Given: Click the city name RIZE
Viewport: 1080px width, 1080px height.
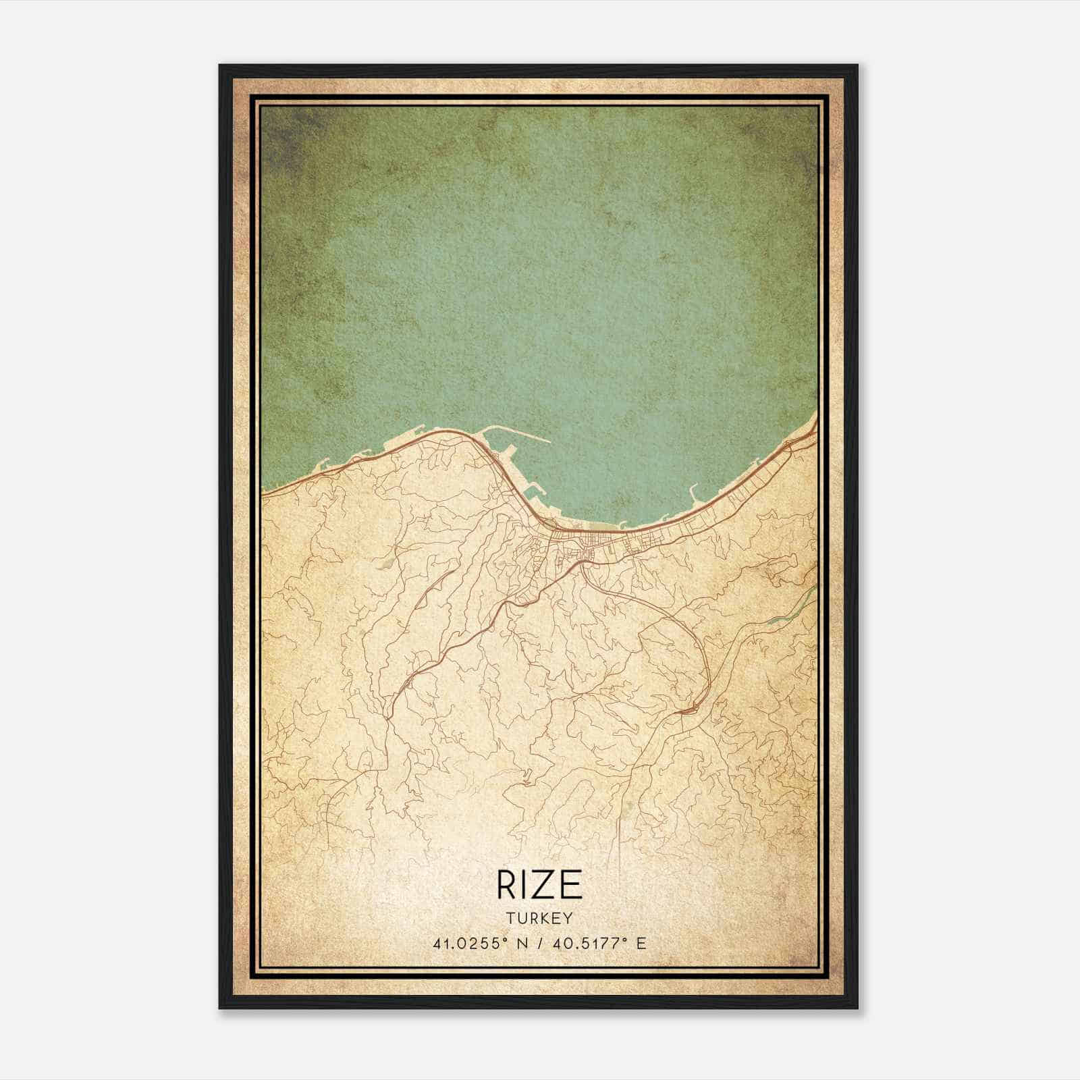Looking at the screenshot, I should [539, 885].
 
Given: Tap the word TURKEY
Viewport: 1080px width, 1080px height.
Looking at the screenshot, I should [540, 918].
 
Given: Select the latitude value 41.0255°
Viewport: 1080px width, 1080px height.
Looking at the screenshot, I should [470, 943].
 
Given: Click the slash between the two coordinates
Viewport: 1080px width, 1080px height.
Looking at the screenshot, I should [538, 943].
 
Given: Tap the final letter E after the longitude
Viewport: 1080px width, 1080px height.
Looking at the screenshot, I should [641, 943].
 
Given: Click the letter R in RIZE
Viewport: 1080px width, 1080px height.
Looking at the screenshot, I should [506, 885].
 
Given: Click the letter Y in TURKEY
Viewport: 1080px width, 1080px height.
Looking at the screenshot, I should [569, 918].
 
